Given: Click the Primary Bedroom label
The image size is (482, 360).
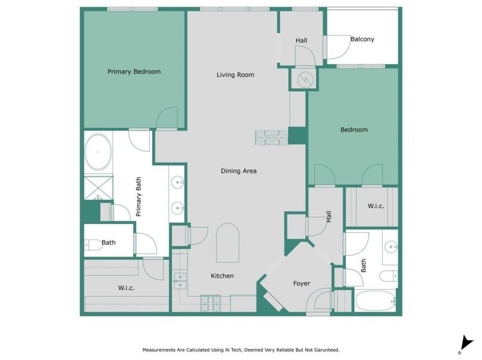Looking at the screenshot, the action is [x=134, y=72].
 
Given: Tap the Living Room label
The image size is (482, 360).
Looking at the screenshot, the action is [x=235, y=75].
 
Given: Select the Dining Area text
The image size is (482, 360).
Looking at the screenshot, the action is [x=239, y=171].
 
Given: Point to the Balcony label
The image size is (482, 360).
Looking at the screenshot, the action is [x=362, y=39].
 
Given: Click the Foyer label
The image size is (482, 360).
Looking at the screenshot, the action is [x=301, y=283].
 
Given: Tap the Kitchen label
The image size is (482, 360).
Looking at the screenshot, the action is [x=222, y=276].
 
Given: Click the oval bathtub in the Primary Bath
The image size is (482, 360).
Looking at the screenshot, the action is [x=98, y=152].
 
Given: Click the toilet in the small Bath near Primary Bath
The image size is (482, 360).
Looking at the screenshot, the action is [x=93, y=245].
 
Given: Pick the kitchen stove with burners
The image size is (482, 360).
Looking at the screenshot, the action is [x=211, y=303].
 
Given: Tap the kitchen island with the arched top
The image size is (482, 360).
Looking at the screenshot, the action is [x=228, y=243].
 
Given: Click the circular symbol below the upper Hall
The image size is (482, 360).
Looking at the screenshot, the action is [x=305, y=80].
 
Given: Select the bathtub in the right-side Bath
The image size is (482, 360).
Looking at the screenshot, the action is [x=376, y=301].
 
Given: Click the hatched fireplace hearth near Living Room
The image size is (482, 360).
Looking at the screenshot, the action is [x=272, y=137].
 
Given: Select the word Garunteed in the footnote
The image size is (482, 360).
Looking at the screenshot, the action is [x=327, y=350].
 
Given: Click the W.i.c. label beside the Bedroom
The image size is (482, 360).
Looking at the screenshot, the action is [x=376, y=206].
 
